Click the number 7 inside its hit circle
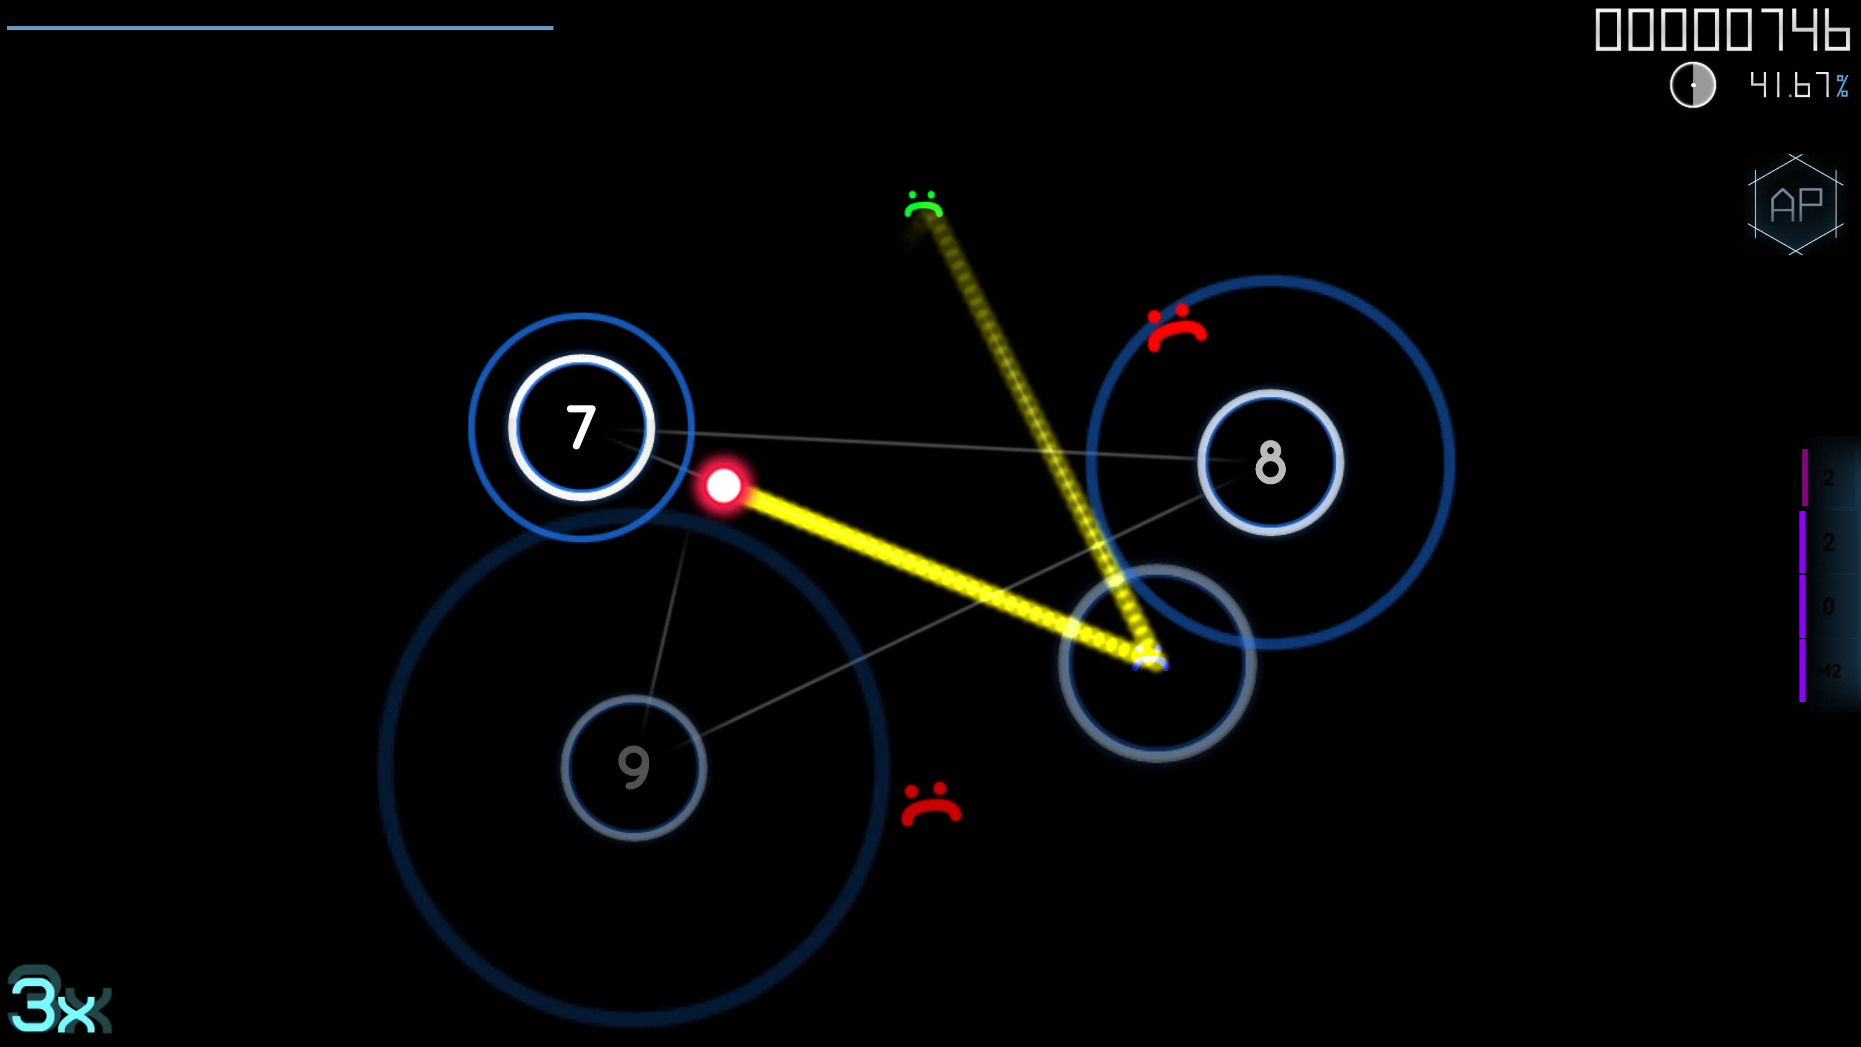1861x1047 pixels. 581,427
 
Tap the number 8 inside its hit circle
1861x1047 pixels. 1270,462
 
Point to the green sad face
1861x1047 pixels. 923,205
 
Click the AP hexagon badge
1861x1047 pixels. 1795,205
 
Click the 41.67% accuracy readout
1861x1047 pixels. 1798,85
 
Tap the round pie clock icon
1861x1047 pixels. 1693,85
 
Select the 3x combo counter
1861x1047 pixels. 58,1004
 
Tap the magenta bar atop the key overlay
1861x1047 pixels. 1805,477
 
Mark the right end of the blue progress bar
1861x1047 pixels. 552,28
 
